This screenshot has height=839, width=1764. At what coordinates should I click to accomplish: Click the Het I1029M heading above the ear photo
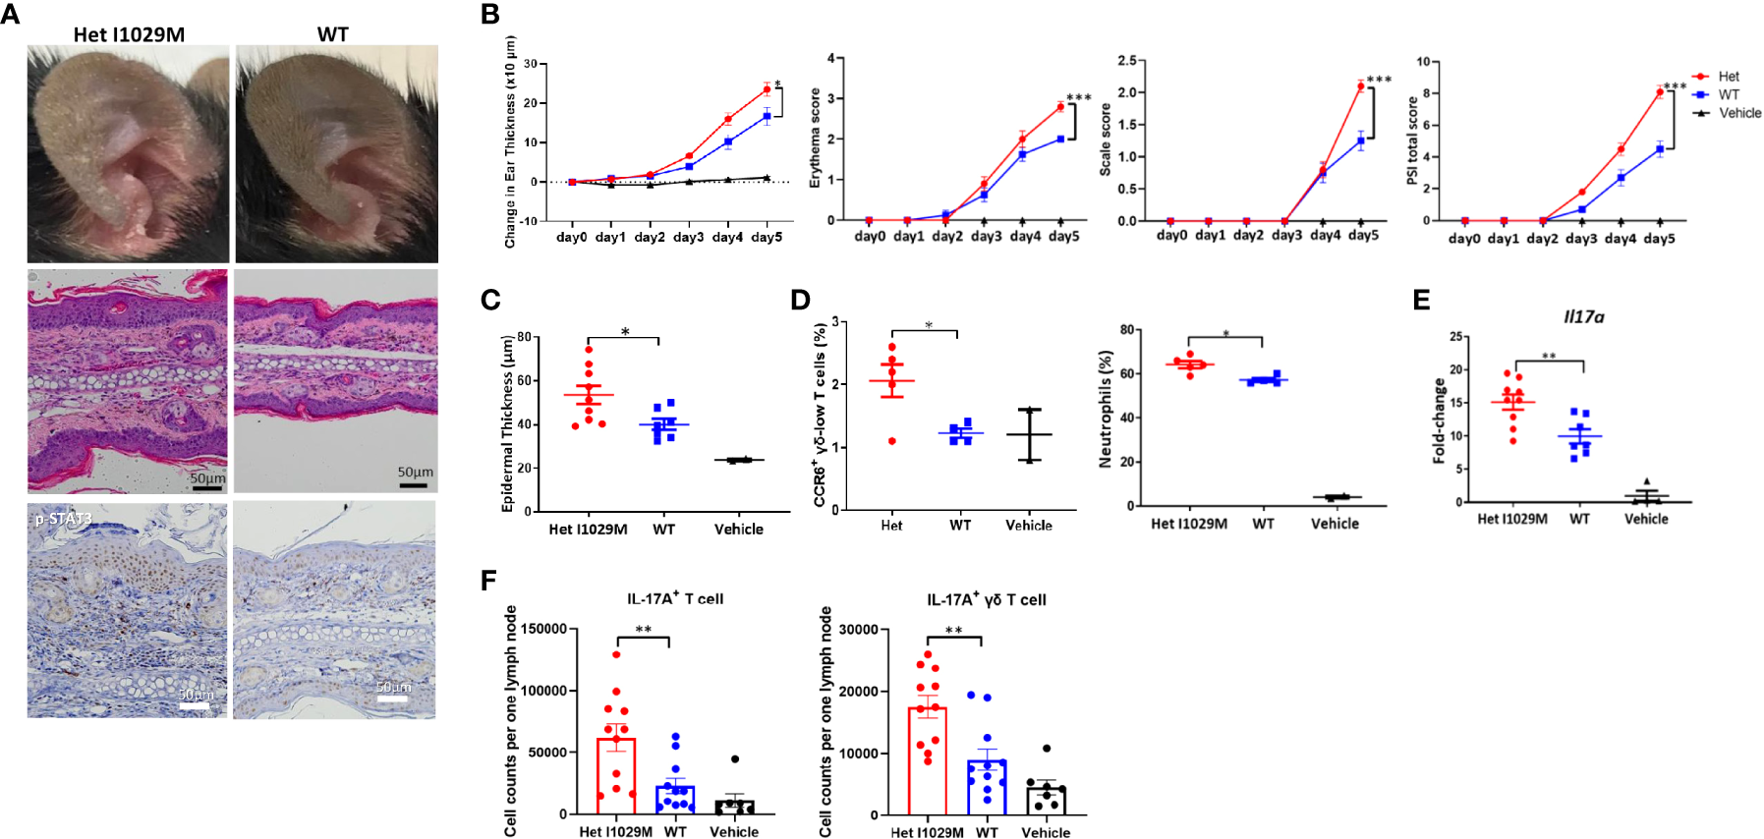129,34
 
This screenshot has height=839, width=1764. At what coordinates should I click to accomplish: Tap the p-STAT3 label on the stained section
63,518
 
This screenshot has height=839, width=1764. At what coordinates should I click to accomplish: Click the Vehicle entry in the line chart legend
1738,113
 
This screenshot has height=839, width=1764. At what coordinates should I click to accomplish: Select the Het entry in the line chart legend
1728,77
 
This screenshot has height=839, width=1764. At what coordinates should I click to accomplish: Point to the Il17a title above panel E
1583,316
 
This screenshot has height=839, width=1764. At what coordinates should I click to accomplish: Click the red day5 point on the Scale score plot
1361,86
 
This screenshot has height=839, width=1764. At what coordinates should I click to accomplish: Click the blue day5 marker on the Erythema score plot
1061,139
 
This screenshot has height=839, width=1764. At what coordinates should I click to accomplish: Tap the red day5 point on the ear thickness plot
767,89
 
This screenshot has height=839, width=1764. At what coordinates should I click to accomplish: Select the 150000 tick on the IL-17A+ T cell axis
543,629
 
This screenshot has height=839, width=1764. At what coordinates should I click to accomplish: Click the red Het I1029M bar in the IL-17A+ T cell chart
616,776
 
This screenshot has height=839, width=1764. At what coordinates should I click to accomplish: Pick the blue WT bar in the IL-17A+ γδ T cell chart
986,787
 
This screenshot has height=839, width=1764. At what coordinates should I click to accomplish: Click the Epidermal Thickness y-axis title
508,424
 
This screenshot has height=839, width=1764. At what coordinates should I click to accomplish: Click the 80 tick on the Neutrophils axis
1126,330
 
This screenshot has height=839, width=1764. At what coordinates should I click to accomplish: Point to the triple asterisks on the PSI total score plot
1675,86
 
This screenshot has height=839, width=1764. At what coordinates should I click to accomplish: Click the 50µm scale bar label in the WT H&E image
415,472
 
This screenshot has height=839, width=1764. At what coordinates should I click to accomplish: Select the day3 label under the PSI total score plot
1580,239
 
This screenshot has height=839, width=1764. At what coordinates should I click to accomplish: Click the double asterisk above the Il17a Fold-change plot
1549,357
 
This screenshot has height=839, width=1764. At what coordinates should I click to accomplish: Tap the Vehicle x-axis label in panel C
738,529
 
